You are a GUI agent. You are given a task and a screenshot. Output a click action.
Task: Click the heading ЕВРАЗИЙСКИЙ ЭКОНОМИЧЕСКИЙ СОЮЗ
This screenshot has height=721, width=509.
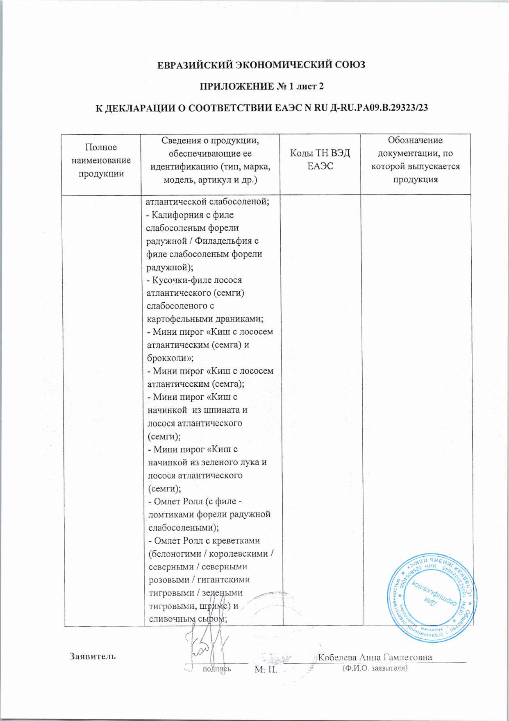point(261,65)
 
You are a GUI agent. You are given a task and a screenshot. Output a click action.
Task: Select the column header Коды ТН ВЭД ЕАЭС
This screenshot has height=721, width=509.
point(320,159)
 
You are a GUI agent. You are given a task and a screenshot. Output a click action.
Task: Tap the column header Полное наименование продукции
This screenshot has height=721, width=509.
point(101,160)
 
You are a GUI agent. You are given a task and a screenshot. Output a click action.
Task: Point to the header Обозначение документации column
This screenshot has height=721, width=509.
point(415,160)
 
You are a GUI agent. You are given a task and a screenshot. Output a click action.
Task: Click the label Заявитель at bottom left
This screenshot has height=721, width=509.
point(93,656)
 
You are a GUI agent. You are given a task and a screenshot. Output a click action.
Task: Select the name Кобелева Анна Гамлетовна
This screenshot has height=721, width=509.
point(375,657)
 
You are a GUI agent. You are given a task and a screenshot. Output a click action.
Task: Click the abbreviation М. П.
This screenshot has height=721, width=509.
point(266,670)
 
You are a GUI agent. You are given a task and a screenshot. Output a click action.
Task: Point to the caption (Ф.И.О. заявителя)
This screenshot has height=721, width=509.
point(375,668)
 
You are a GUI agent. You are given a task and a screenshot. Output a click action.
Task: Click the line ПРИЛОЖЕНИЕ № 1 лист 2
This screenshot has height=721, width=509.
point(261,87)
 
